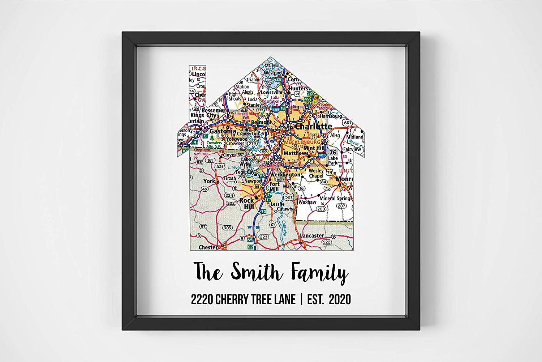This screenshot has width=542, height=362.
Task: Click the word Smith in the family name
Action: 255,272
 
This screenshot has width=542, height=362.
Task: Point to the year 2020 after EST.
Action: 340,299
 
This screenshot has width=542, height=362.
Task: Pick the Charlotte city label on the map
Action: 313,127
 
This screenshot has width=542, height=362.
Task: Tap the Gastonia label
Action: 223,131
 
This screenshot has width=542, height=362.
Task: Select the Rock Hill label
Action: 247,203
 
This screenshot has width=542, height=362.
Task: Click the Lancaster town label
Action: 312,235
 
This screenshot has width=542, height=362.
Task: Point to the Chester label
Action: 208,247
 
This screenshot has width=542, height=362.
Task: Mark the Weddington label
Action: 285,175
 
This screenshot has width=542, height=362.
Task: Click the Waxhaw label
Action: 307,202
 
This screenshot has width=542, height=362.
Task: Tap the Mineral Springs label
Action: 336,198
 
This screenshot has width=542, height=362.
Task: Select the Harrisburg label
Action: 331,116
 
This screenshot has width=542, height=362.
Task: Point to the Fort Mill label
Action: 275,187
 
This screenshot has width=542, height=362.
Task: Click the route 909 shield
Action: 227,228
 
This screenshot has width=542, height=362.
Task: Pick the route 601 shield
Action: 347,123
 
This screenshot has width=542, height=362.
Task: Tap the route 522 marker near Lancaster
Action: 326,242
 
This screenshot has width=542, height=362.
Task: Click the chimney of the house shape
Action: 197,94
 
